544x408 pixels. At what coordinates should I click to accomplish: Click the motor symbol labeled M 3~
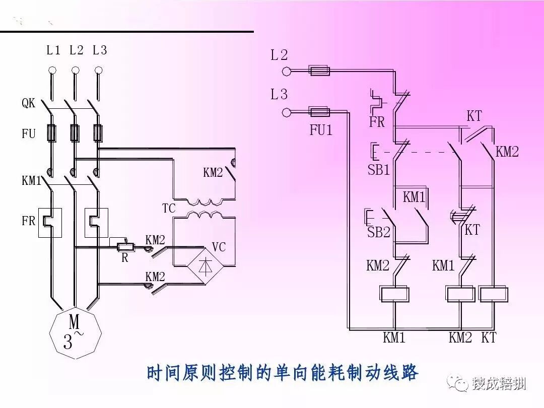coord(75,333)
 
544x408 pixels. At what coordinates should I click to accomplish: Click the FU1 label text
coord(321,130)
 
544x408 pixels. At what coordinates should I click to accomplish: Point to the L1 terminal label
coord(53,50)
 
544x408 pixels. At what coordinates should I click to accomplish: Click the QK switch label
coord(28,103)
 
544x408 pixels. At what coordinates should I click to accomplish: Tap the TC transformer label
coord(169,208)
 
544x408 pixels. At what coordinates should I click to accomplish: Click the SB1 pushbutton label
coord(378,170)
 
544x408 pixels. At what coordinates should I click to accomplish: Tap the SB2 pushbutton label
coord(378,232)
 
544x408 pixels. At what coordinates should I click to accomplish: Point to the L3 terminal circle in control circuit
coord(287,112)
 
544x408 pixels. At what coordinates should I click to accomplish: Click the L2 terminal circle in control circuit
coord(287,71)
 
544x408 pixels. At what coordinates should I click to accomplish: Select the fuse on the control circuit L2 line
coord(319,71)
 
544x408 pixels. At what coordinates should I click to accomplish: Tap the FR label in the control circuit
coord(377,122)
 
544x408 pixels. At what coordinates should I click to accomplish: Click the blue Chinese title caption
coord(282,373)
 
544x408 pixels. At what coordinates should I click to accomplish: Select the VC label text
coord(219,247)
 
